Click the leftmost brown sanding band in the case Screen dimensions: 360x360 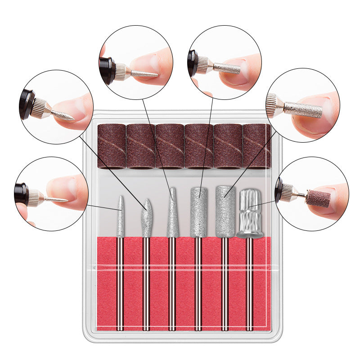pyautogui.click(x=111, y=146)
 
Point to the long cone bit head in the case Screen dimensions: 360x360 pyautogui.click(x=172, y=214)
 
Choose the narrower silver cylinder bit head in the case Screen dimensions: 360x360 pyautogui.click(x=198, y=211)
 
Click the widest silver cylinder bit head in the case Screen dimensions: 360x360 pyautogui.click(x=225, y=211)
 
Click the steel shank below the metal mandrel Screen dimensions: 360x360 pyautogui.click(x=249, y=283)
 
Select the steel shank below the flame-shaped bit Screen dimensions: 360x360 pyautogui.click(x=146, y=283)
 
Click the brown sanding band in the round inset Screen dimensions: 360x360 pyautogui.click(x=318, y=198)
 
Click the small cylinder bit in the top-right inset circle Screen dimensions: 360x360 pyautogui.click(x=227, y=68)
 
